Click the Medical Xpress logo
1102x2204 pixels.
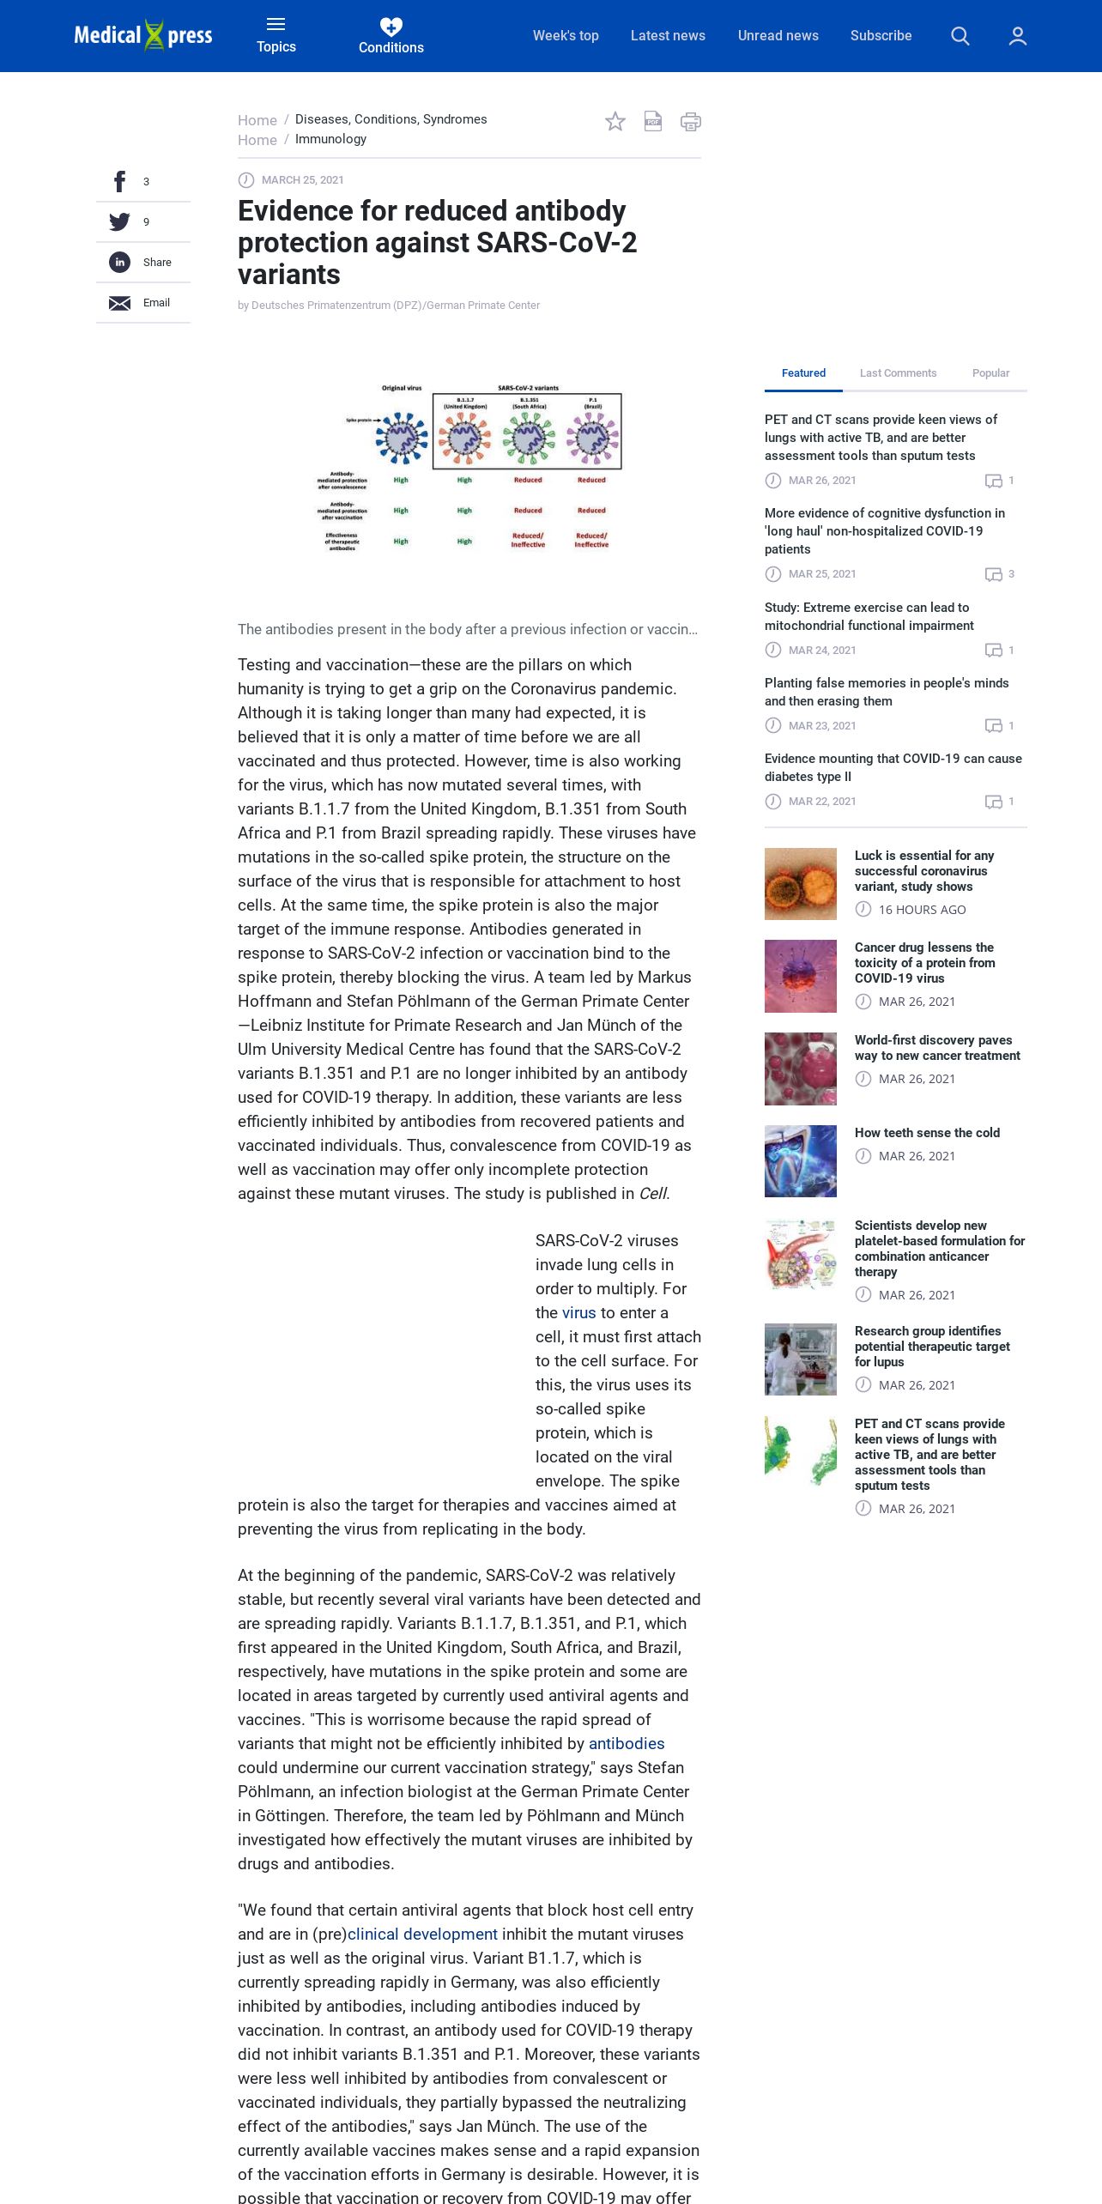click(x=143, y=35)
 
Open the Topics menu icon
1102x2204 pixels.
click(x=275, y=24)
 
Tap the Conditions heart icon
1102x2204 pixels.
click(x=391, y=27)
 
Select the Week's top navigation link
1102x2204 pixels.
click(x=566, y=36)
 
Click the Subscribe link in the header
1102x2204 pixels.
click(x=881, y=36)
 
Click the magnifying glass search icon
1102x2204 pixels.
click(x=960, y=36)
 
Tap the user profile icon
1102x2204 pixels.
click(x=1018, y=36)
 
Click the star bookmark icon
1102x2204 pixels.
click(x=615, y=122)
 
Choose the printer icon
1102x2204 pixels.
click(x=691, y=122)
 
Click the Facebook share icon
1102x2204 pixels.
click(x=120, y=182)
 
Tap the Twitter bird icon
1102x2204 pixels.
click(x=120, y=222)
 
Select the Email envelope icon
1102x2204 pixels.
click(x=120, y=303)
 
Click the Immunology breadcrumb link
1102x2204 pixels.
click(x=330, y=139)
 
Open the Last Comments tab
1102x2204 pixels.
click(x=898, y=373)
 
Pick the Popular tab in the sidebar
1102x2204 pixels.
click(x=990, y=373)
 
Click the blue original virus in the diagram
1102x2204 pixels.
click(x=402, y=437)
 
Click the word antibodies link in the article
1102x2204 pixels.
click(x=627, y=1744)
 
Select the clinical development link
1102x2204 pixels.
click(x=422, y=1935)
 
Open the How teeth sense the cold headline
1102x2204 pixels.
click(x=927, y=1133)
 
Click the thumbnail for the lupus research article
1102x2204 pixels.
click(x=801, y=1359)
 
